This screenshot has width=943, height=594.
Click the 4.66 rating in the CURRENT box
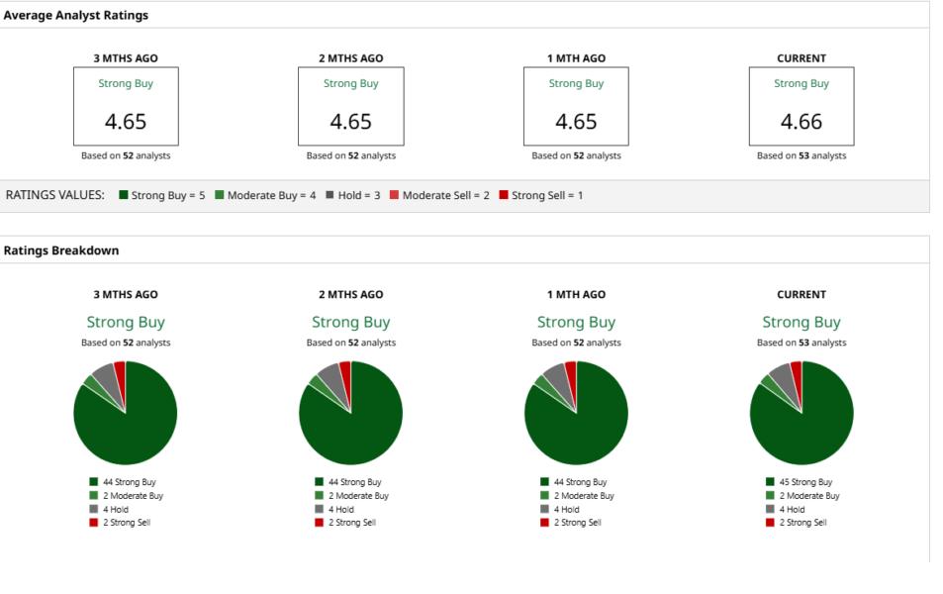[802, 122]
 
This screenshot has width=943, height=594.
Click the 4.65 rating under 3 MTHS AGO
[126, 122]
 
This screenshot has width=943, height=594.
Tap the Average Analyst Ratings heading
[76, 15]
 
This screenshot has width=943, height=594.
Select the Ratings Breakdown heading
[61, 250]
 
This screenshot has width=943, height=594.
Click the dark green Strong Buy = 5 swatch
[124, 194]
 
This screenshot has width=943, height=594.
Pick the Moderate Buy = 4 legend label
[271, 195]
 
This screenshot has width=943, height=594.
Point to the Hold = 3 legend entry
[353, 195]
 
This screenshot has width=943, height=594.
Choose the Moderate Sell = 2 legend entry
[439, 195]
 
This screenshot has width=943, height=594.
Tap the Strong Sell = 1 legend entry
[541, 195]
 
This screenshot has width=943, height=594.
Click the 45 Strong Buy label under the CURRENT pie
[805, 481]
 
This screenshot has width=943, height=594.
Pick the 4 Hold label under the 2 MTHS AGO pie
[341, 509]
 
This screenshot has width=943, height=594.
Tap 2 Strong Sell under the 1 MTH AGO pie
[577, 523]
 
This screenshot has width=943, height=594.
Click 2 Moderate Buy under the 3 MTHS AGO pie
[133, 495]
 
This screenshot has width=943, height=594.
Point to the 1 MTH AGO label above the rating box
[576, 58]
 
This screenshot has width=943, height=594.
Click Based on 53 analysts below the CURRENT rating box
[802, 155]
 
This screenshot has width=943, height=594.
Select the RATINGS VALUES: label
[54, 195]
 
